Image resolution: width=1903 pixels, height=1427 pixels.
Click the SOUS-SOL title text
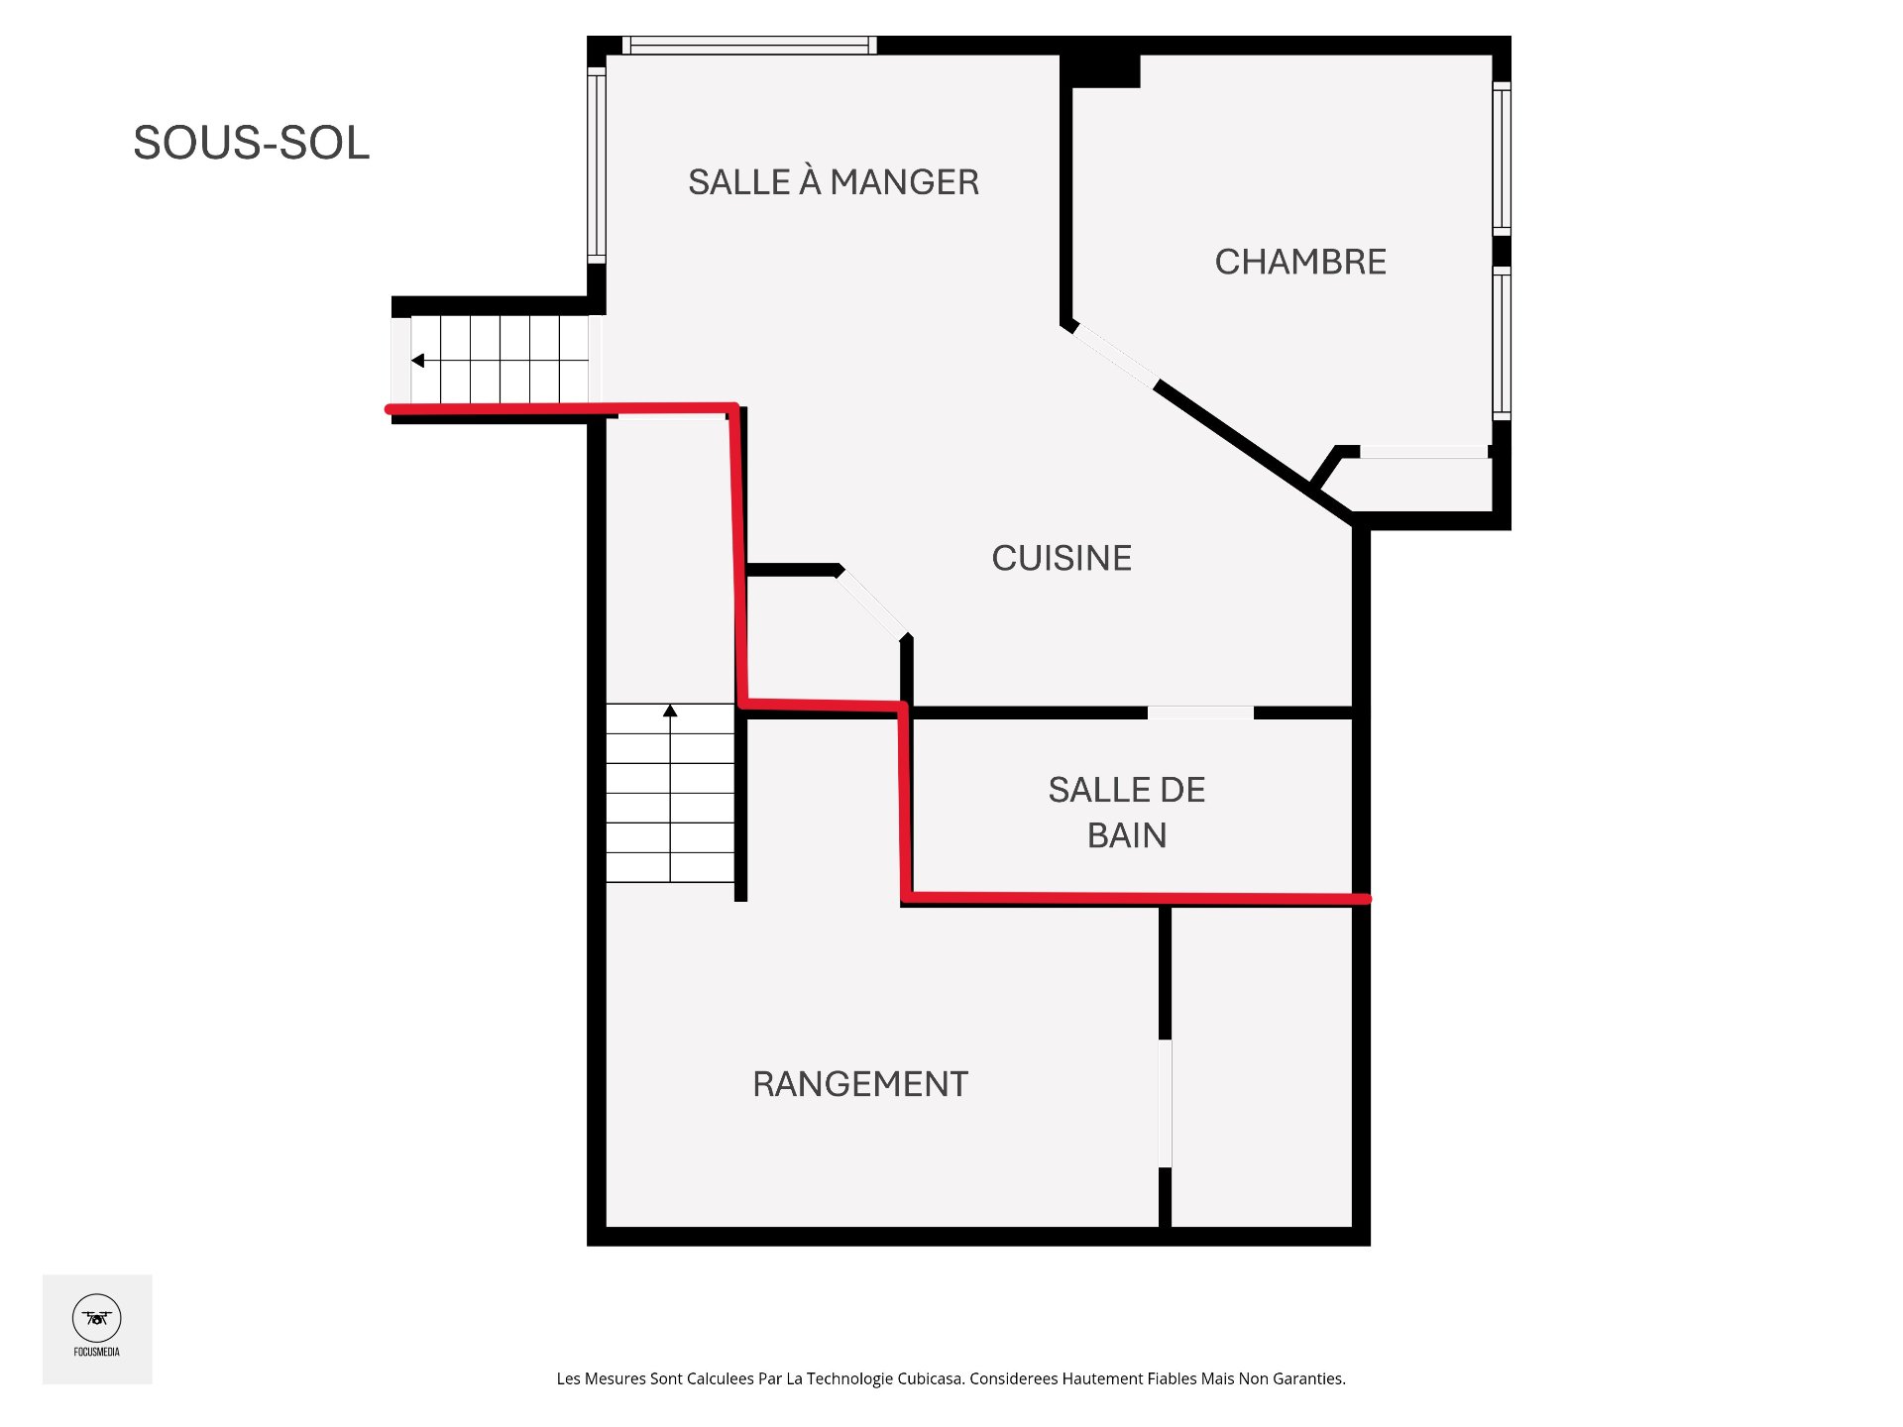click(x=251, y=143)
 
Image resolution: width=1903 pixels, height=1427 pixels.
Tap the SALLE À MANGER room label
click(x=833, y=182)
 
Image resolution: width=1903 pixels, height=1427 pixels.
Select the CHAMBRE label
click(x=1300, y=262)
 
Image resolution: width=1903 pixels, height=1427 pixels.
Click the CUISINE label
click(x=1062, y=558)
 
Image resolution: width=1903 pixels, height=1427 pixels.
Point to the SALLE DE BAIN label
click(x=1127, y=812)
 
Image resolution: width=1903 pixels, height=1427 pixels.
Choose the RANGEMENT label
click(x=860, y=1084)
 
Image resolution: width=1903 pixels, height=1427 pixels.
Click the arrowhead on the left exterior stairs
click(x=418, y=361)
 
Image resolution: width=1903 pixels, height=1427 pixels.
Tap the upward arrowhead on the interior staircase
click(x=670, y=711)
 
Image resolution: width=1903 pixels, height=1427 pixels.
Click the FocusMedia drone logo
click(x=96, y=1319)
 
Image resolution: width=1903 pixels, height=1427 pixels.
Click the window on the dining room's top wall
click(x=749, y=45)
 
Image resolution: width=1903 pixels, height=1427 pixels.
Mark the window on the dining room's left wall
click(x=597, y=164)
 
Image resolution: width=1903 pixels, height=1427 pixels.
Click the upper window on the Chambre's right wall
click(x=1502, y=159)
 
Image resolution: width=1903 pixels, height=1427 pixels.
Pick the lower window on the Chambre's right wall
click(x=1502, y=342)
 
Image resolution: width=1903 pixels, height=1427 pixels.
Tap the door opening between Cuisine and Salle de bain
click(x=1200, y=713)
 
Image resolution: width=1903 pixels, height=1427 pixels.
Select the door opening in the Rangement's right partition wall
click(x=1166, y=1103)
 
